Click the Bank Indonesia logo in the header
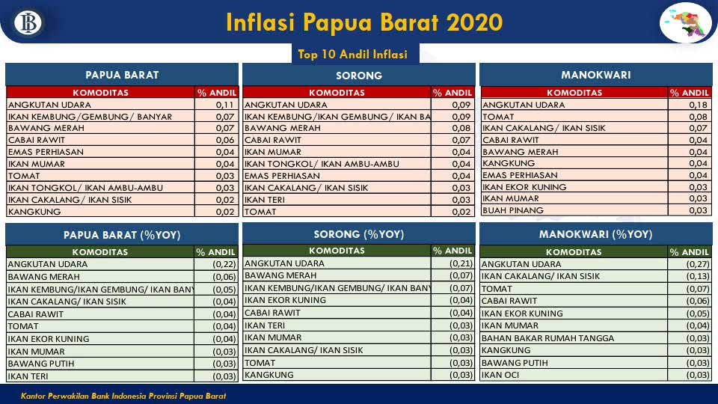(x=28, y=22)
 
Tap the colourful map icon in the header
(x=686, y=22)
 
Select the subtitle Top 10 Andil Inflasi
(x=352, y=55)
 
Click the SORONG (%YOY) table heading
(x=359, y=234)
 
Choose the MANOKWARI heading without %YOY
(x=596, y=75)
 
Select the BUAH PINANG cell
(x=512, y=210)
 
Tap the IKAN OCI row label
(x=500, y=375)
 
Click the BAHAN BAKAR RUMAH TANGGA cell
(x=547, y=338)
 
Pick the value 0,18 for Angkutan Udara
(x=699, y=105)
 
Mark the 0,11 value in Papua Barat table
(x=225, y=105)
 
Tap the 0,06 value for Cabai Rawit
(x=225, y=140)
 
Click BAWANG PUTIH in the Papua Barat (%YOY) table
(x=40, y=364)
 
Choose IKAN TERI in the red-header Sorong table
(x=264, y=200)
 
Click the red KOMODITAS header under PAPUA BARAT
(x=100, y=93)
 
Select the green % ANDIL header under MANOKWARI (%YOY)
(x=689, y=252)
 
